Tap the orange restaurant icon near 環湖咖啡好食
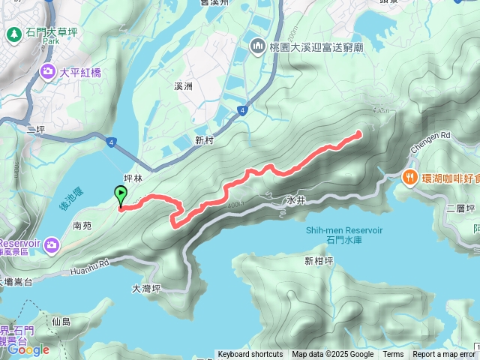click(x=409, y=178)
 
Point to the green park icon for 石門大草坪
click(x=14, y=34)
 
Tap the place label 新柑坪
click(x=319, y=261)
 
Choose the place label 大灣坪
click(x=146, y=289)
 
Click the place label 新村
click(x=205, y=140)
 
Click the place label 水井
click(x=295, y=201)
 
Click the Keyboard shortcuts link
click(x=250, y=355)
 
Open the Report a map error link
click(x=443, y=355)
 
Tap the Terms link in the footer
click(x=393, y=355)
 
